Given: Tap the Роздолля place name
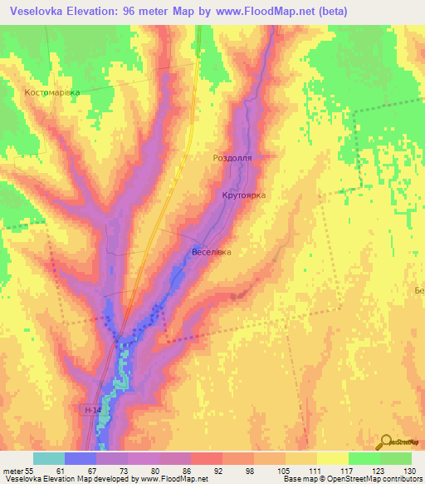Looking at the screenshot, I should point(232,156).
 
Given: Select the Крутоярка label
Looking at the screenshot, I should point(243,195).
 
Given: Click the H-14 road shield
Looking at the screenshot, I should point(94,410).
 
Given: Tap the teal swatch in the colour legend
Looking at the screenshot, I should point(49,458).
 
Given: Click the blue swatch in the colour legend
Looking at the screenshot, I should point(81,458).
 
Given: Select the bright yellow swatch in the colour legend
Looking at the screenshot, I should point(332,458).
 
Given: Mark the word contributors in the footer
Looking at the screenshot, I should point(402,480).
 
